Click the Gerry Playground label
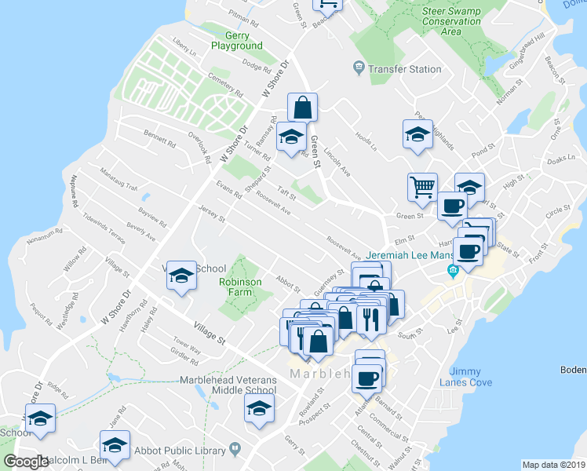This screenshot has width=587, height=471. point(236,41)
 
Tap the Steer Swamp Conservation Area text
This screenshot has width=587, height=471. point(451,21)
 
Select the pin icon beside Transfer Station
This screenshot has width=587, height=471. point(359,69)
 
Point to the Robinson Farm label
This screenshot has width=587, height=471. point(240,287)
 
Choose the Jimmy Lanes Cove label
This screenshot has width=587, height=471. point(471,376)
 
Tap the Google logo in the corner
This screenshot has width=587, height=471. point(26,462)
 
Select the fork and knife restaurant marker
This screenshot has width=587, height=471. point(368,319)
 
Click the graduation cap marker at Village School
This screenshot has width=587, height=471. point(181,276)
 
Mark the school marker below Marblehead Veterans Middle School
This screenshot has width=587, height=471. point(259,408)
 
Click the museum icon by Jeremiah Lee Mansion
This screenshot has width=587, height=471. point(452,272)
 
